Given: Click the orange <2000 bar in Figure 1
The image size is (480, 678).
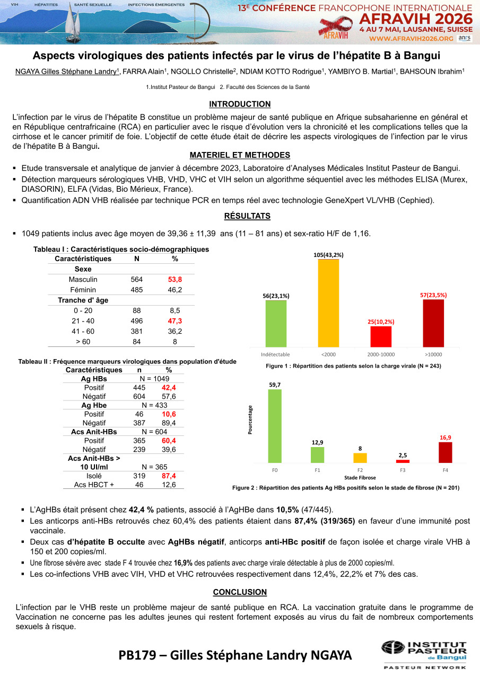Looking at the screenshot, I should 328,303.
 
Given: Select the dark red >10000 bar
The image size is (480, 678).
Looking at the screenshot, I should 433,323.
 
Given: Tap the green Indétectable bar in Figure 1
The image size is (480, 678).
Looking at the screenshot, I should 276,324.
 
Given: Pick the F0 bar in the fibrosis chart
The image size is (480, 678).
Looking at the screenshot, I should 275,426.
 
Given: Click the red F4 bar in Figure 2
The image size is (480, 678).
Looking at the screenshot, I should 445,452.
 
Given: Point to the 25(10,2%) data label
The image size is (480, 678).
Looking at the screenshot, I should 380,321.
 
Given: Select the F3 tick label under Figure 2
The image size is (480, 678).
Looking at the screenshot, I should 403,470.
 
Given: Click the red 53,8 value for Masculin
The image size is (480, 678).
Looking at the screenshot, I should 175,279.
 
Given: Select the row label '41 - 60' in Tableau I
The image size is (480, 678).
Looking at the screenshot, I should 83,331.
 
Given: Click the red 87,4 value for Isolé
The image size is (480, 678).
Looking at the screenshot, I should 169,476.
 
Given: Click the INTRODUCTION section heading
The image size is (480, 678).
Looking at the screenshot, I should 240,104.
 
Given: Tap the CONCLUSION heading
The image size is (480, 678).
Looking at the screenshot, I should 240,592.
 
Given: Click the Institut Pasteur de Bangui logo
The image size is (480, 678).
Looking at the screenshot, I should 424,654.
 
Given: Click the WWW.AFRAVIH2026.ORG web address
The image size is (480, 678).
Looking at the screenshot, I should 411,38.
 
